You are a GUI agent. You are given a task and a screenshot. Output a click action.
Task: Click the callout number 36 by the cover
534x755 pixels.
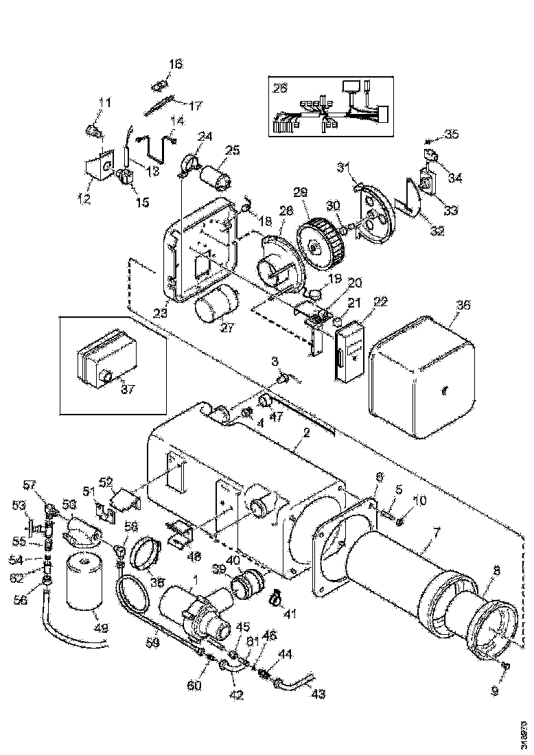(x=463, y=305)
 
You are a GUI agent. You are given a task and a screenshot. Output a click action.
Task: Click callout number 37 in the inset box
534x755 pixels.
(x=128, y=389)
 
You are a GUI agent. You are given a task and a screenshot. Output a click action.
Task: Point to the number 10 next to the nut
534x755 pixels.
(x=419, y=502)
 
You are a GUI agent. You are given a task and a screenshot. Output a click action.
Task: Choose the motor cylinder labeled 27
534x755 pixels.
(x=215, y=303)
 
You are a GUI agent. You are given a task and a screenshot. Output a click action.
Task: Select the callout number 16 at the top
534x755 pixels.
(x=176, y=65)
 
